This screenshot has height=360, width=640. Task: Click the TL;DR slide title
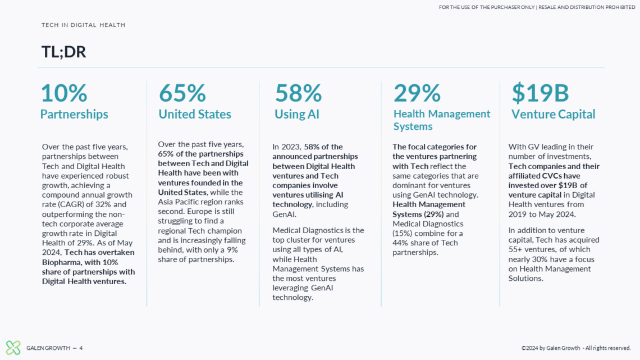[x=63, y=52]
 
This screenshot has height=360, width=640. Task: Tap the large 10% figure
[x=64, y=93]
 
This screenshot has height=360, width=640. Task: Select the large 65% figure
[x=182, y=93]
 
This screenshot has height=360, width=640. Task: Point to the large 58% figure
[x=298, y=93]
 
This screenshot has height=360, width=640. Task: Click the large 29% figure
[x=417, y=93]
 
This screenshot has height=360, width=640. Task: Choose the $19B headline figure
[x=540, y=93]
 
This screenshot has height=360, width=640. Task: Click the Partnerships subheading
[x=74, y=115]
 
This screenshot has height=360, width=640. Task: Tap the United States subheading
[x=195, y=115]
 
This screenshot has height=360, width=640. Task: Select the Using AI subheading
[x=297, y=115]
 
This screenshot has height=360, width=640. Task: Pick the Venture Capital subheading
[x=553, y=115]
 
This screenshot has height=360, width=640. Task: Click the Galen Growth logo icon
[x=13, y=348]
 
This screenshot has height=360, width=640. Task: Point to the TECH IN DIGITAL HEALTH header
[x=83, y=25]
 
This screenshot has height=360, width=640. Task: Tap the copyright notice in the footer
[x=576, y=348]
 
